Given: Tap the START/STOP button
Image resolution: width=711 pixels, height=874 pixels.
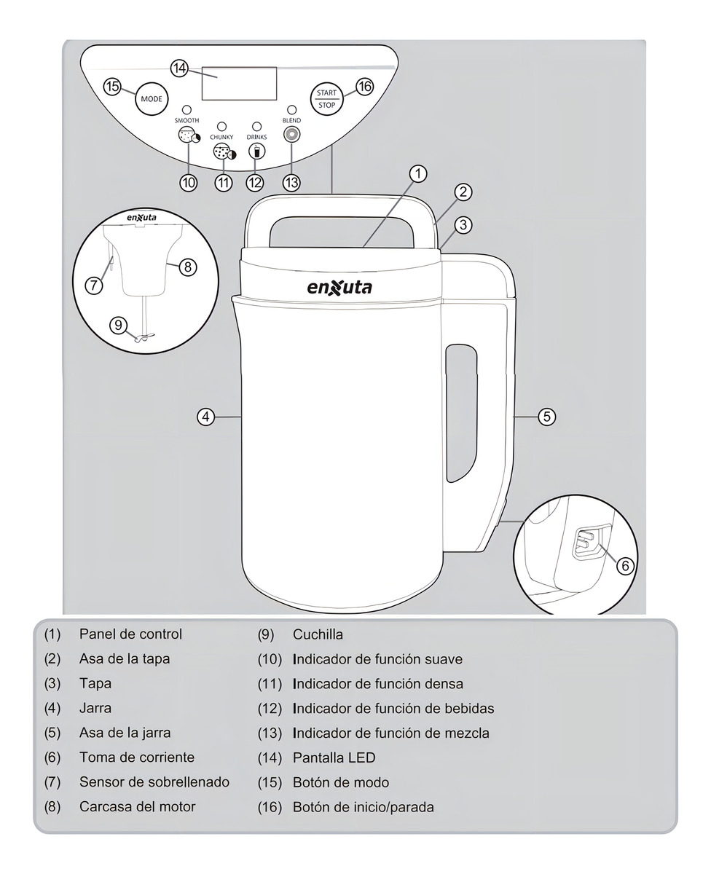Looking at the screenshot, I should [x=326, y=98].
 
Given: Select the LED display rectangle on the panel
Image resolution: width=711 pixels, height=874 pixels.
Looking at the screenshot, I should [x=239, y=83].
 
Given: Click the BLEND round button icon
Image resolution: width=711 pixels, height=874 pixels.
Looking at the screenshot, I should [x=291, y=135].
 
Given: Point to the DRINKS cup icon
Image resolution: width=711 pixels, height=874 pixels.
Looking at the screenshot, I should [x=256, y=151].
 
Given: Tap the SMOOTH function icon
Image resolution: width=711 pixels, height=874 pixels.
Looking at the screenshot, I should [x=187, y=135].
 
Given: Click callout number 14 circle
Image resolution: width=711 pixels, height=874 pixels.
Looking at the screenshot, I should [x=180, y=68].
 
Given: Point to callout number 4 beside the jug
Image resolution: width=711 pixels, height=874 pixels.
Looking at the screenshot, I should [x=207, y=417].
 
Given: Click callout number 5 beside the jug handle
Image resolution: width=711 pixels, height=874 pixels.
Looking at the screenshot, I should [x=546, y=417].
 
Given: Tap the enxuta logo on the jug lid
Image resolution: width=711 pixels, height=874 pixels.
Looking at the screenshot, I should [x=339, y=287].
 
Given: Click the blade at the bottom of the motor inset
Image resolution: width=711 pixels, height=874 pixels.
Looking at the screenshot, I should [x=143, y=336].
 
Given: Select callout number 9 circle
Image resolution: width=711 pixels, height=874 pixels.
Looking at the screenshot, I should [x=119, y=326].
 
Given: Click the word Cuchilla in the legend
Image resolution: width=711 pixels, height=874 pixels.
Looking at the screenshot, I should [x=318, y=634].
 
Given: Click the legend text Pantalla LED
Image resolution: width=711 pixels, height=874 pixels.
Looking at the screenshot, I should [x=334, y=757].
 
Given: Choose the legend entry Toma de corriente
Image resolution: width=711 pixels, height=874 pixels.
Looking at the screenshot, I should [x=137, y=757].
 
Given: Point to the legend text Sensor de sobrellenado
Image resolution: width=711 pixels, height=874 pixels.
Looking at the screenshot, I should [x=154, y=782].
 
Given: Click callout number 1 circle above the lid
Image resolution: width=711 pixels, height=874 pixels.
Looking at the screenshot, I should [x=417, y=173].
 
